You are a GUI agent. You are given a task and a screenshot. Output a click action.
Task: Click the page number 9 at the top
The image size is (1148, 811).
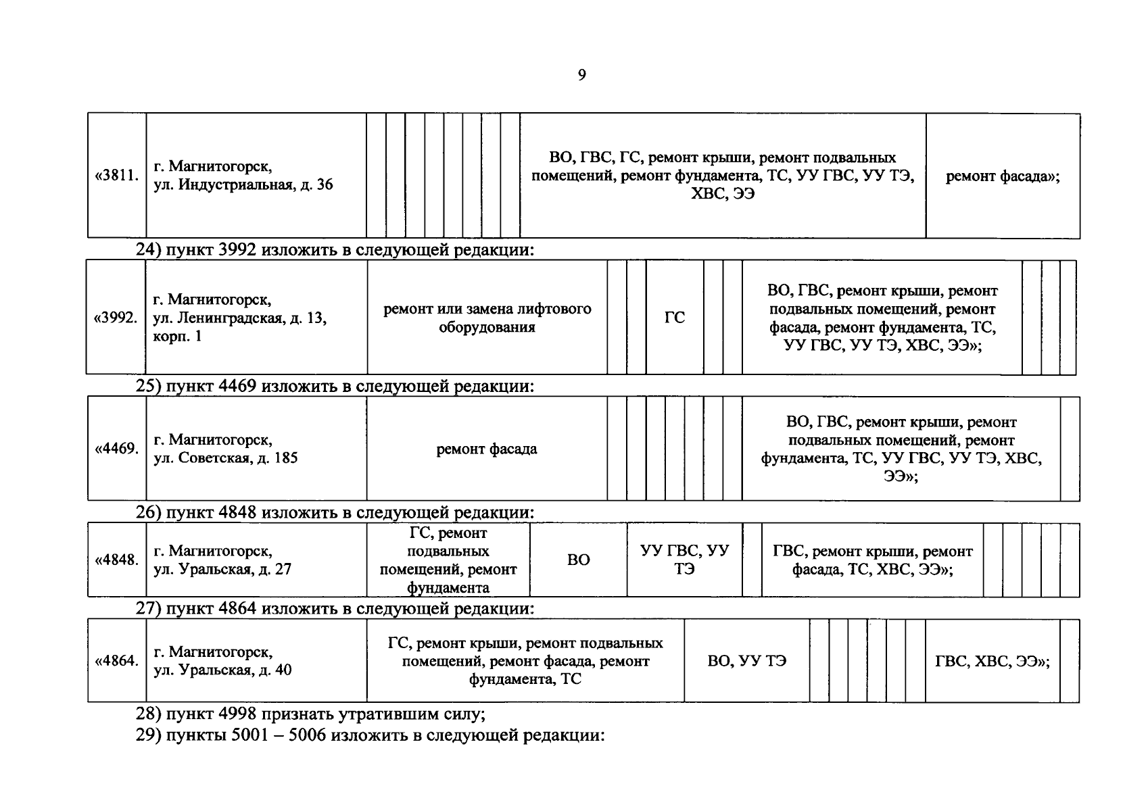[581, 75]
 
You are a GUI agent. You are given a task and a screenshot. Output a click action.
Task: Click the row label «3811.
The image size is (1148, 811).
[117, 176]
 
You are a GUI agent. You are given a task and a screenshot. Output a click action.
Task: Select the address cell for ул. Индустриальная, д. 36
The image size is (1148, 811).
[243, 176]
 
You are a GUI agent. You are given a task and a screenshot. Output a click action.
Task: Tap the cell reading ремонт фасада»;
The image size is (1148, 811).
[1002, 176]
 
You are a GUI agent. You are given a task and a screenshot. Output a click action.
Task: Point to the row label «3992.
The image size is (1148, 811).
[116, 318]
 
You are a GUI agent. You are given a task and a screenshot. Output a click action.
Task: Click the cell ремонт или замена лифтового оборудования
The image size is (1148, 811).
[487, 318]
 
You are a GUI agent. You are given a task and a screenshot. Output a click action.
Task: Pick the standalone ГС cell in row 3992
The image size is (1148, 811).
[675, 318]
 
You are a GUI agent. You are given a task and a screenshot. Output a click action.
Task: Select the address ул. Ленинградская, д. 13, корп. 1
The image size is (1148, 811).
[240, 318]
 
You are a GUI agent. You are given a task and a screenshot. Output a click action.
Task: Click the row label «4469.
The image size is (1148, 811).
[117, 449]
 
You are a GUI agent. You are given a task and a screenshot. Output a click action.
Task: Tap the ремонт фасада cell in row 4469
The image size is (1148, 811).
[487, 449]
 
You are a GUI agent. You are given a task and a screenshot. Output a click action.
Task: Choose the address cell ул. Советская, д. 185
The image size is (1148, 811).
[226, 449]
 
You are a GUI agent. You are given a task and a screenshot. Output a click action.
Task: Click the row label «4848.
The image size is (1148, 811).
[117, 560]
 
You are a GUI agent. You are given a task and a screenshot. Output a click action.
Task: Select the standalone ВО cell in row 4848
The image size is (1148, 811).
[579, 560]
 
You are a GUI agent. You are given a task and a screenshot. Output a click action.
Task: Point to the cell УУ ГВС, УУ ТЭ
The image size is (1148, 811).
[684, 560]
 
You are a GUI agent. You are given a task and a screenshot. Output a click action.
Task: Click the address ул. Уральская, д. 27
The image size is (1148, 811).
[222, 560]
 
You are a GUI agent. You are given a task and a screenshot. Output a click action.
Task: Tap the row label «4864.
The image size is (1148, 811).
[117, 661]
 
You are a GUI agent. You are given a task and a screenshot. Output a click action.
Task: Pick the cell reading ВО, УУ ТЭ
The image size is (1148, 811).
[746, 661]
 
